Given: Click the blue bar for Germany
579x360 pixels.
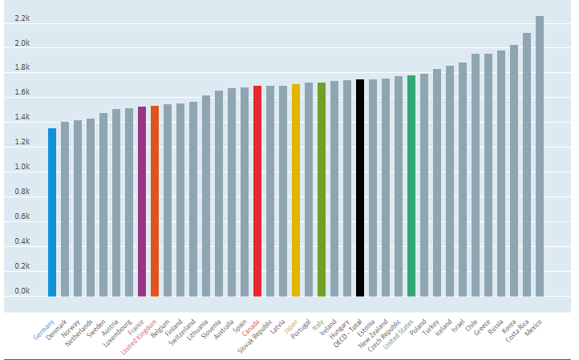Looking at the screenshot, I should pos(52,212).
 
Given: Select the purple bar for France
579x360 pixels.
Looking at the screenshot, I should pos(142,201).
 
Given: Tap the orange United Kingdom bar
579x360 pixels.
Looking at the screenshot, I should pos(155,201).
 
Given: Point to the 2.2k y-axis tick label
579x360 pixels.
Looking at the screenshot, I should pos(22,18).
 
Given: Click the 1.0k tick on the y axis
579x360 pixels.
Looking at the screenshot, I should pos(22,168).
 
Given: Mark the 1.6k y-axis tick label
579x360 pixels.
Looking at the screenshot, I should pos(22,93).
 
